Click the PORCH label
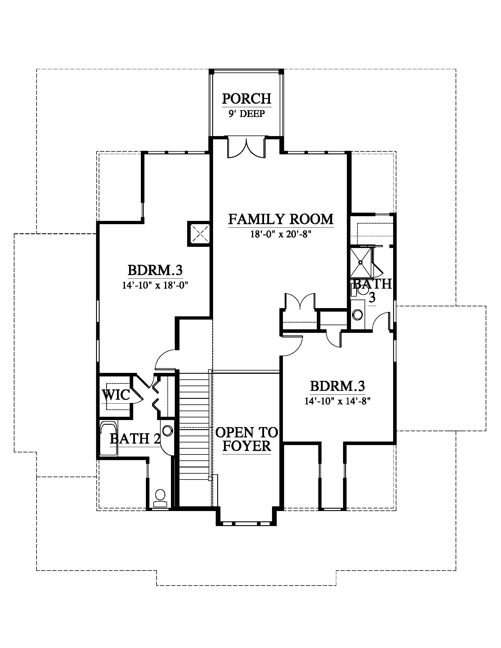point(247,98)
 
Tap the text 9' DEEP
point(247,114)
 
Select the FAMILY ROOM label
point(281,219)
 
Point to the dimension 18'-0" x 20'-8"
point(281,234)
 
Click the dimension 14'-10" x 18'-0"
point(156,285)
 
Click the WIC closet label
point(116,395)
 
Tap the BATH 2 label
point(135,439)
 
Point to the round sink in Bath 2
point(168,431)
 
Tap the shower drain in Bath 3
point(361,262)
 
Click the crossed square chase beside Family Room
point(199,234)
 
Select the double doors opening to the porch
point(246,148)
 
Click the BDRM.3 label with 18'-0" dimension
point(155,270)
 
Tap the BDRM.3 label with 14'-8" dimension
point(337,386)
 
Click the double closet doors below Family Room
point(300,302)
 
